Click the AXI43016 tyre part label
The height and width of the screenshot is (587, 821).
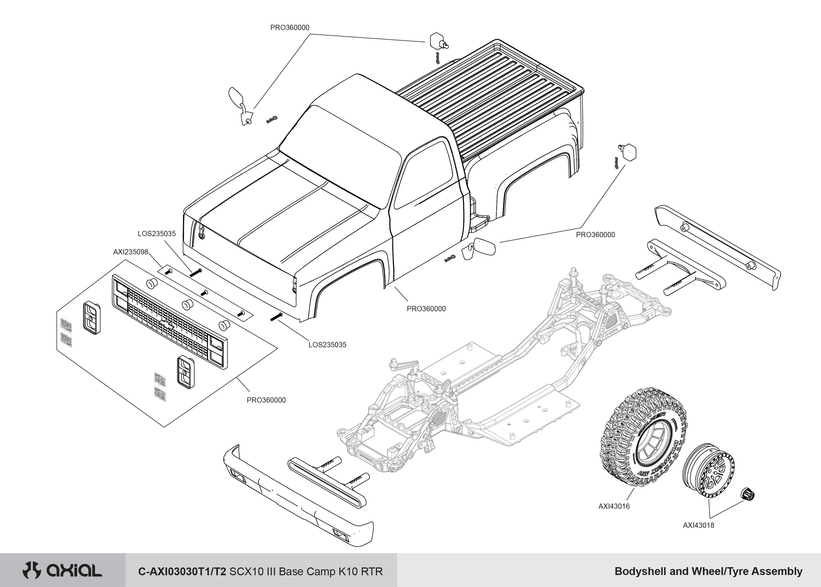pos(614,506)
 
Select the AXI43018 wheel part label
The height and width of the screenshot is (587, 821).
pos(698,525)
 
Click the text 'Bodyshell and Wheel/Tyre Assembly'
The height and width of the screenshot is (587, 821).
pos(708,571)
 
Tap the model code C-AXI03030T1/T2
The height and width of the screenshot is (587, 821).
pos(182,571)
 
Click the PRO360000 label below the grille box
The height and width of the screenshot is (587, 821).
pos(266,400)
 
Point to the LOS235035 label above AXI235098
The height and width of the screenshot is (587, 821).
pos(156,233)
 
